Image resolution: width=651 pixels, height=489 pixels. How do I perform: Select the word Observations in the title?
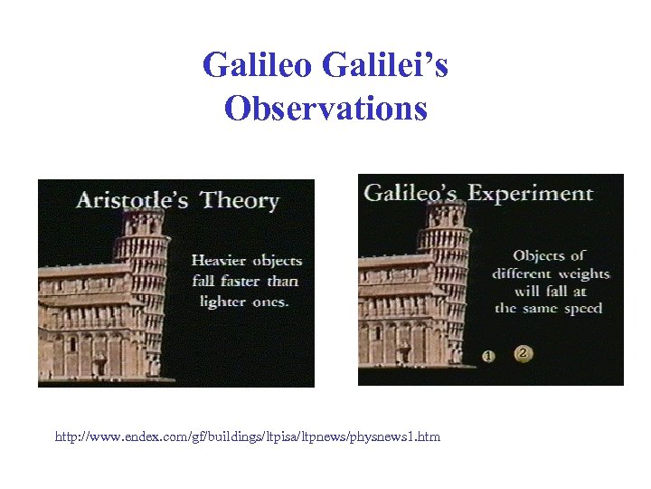[x=325, y=109]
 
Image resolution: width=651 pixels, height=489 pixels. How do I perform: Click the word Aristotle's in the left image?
[x=131, y=199]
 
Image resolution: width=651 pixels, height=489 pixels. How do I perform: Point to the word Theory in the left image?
[x=240, y=200]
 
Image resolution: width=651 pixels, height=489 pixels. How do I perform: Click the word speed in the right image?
[x=580, y=309]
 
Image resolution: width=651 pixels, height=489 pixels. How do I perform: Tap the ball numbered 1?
[x=489, y=355]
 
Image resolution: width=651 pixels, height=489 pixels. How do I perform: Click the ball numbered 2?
[x=523, y=353]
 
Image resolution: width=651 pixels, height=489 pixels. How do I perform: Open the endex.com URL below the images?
[x=248, y=437]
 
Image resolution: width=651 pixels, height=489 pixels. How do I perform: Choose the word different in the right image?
[x=523, y=273]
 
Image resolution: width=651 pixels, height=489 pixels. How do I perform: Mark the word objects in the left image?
[x=277, y=261]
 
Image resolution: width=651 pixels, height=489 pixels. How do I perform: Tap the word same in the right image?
[x=541, y=309]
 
